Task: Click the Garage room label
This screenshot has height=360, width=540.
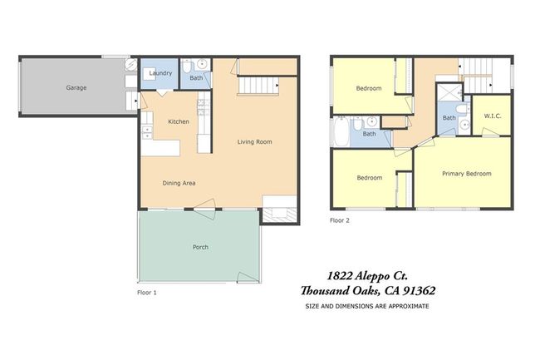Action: pos(76,87)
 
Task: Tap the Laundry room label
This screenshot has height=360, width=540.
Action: pos(160,73)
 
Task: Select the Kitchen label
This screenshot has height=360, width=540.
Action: pos(179,121)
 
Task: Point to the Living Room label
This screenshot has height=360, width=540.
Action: pos(254,141)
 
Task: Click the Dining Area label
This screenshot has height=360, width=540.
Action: pos(179,183)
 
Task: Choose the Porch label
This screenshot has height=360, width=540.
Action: pos(200,247)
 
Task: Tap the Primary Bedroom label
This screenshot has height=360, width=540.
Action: pos(467,174)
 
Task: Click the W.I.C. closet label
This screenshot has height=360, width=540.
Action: pos(493,116)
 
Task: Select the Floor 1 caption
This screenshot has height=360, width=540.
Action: pos(147,293)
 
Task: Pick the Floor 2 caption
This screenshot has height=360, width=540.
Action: pos(340,220)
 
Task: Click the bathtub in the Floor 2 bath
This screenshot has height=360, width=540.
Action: pos(341,132)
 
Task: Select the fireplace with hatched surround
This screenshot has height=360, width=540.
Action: pos(280,215)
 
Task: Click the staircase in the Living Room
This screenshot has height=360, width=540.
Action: pos(258,86)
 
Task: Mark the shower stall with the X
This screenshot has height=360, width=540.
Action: pos(449,92)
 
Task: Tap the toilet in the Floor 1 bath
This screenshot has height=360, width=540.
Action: pos(186,67)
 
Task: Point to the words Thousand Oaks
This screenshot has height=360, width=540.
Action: pos(341,291)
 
